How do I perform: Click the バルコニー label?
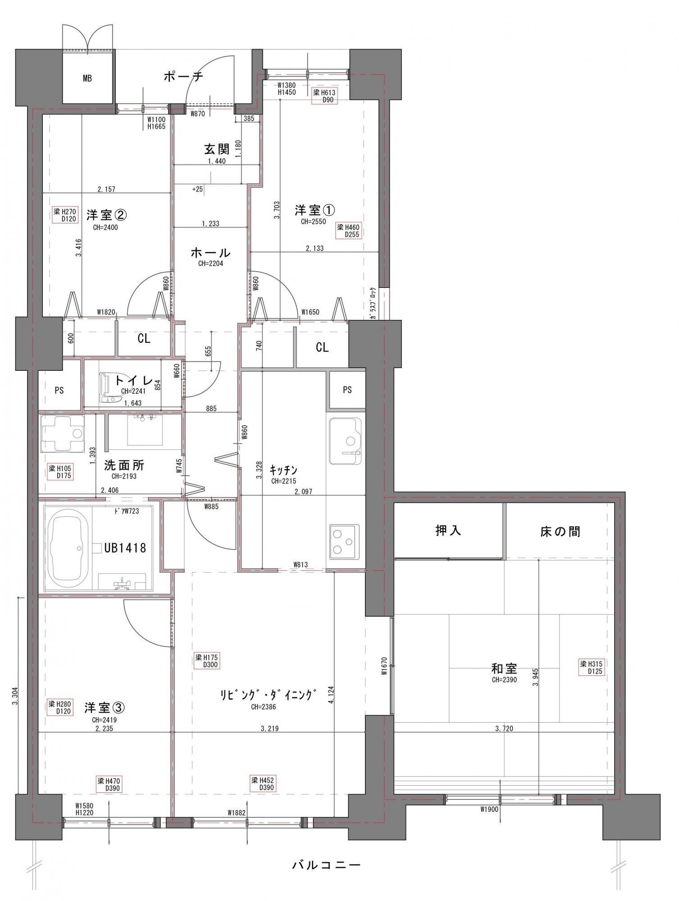[326, 865]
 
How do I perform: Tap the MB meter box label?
[87, 78]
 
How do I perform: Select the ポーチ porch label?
[183, 76]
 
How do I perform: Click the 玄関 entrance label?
[217, 149]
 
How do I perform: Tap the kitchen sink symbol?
[345, 441]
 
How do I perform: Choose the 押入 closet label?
[448, 531]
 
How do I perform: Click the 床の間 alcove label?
[560, 532]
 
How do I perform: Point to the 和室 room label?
[504, 668]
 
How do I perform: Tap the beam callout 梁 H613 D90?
[324, 96]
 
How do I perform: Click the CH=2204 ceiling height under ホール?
[210, 264]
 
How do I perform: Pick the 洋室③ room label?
[105, 708]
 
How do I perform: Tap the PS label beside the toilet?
[59, 391]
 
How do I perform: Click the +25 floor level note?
[197, 189]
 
